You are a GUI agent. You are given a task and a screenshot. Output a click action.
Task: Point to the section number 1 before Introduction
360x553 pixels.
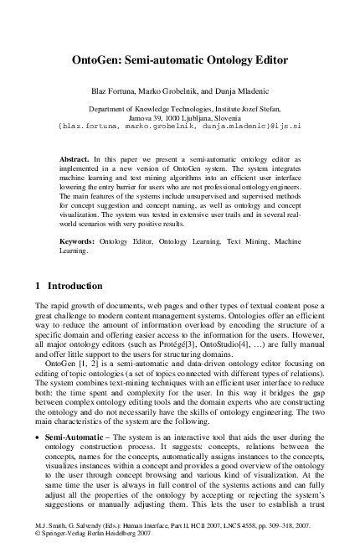tap(39, 286)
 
